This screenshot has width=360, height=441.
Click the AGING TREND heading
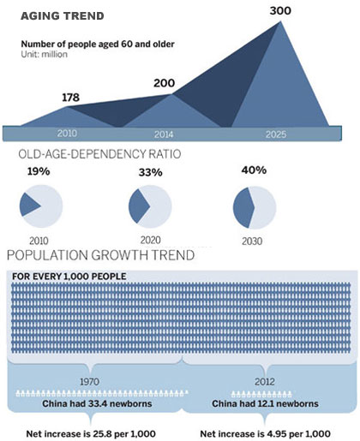(x=63, y=15)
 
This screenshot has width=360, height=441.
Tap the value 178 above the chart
(x=70, y=97)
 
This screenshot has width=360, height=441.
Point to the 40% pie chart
(x=255, y=208)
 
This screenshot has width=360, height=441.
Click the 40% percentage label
(x=255, y=170)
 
